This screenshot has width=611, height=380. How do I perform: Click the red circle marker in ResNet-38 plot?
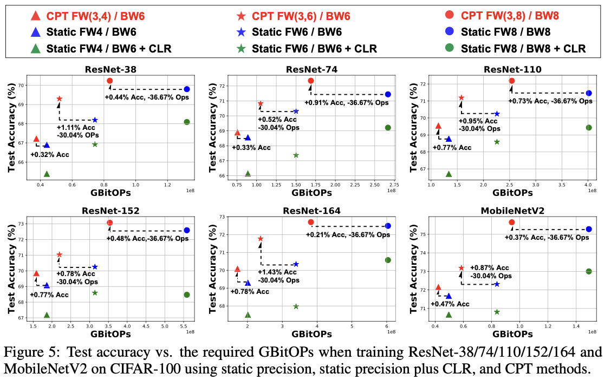pyautogui.click(x=110, y=81)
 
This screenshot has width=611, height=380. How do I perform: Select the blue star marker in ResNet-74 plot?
pyautogui.click(x=296, y=112)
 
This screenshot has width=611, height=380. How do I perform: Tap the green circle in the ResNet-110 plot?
pyautogui.click(x=589, y=128)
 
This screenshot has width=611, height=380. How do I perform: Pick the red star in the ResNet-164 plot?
pyautogui.click(x=261, y=239)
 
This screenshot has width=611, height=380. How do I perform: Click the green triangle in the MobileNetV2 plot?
pyautogui.click(x=448, y=315)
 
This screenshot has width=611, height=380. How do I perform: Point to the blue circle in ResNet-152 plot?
pyautogui.click(x=187, y=230)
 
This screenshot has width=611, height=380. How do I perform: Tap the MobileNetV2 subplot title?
pyautogui.click(x=512, y=210)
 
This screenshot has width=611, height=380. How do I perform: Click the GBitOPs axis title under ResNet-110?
pyautogui.click(x=512, y=192)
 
